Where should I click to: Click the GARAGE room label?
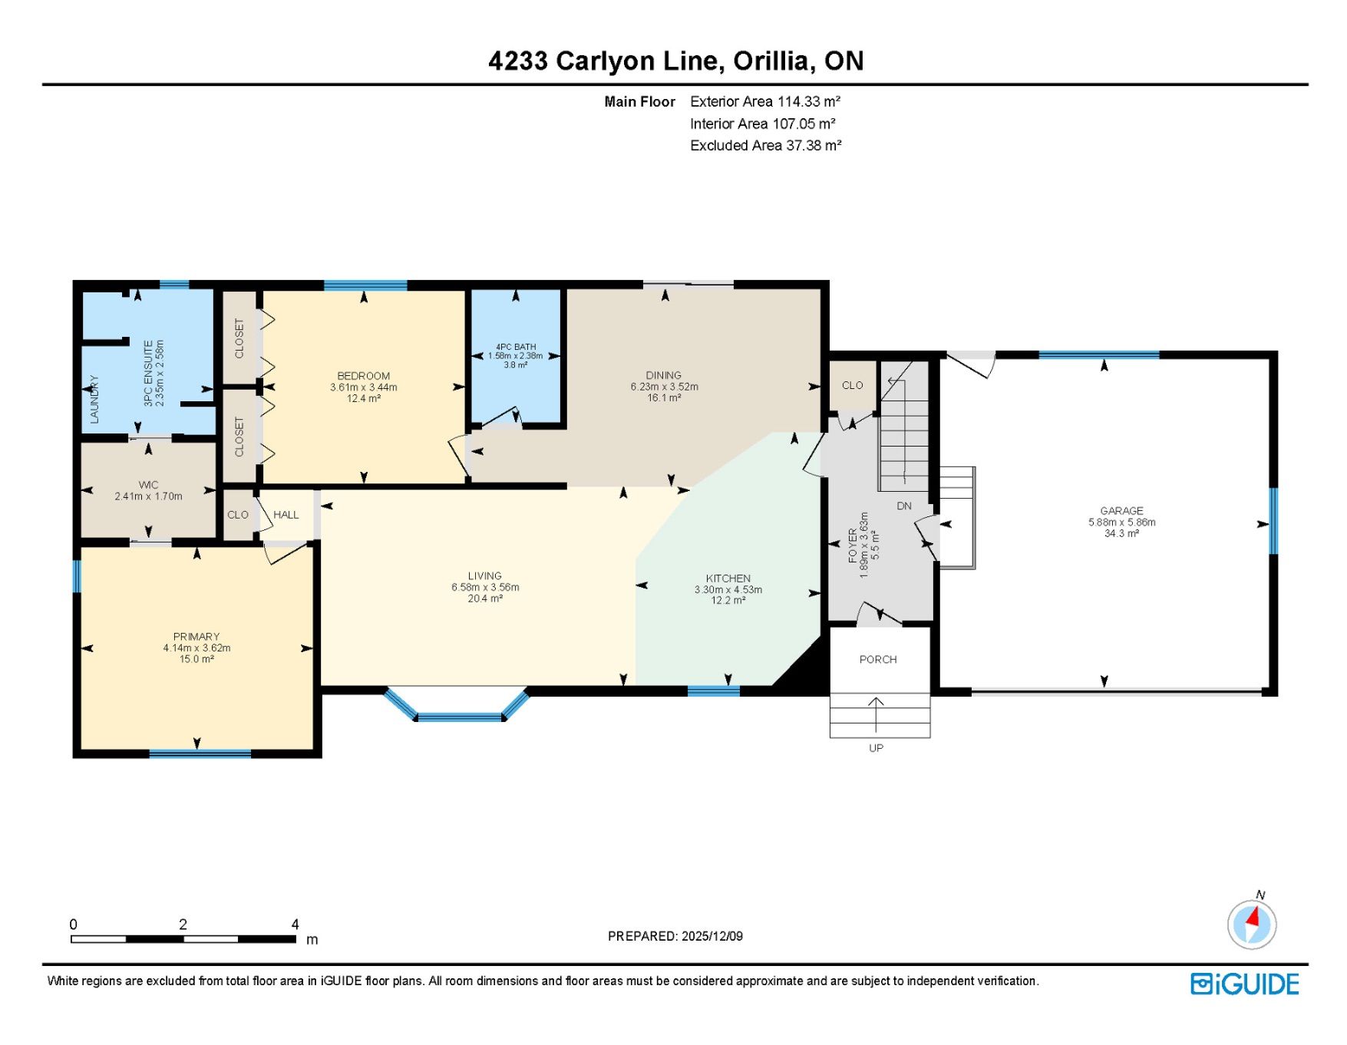[x=1121, y=510]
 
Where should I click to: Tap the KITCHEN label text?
[x=728, y=579]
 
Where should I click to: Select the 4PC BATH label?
[x=516, y=347]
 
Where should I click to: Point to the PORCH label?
[x=878, y=659]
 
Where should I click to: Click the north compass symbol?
[x=1252, y=923]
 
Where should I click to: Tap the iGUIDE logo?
[x=1245, y=984]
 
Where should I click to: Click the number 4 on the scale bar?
[x=295, y=925]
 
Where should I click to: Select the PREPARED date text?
[x=675, y=936]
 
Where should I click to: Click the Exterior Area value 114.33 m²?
[x=809, y=101]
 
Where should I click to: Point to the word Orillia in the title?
[x=769, y=61]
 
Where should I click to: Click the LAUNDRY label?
[x=94, y=399]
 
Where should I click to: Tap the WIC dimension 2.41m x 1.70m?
[x=149, y=496]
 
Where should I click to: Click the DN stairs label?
[x=904, y=506]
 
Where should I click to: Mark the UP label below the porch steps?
[x=876, y=748]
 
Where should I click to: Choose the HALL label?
[x=286, y=515]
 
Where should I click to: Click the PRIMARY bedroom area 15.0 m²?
[x=196, y=659]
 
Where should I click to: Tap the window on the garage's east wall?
[x=1273, y=521]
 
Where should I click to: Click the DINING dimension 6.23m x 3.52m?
[x=665, y=387]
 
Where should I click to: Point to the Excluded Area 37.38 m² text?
[x=766, y=145]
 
